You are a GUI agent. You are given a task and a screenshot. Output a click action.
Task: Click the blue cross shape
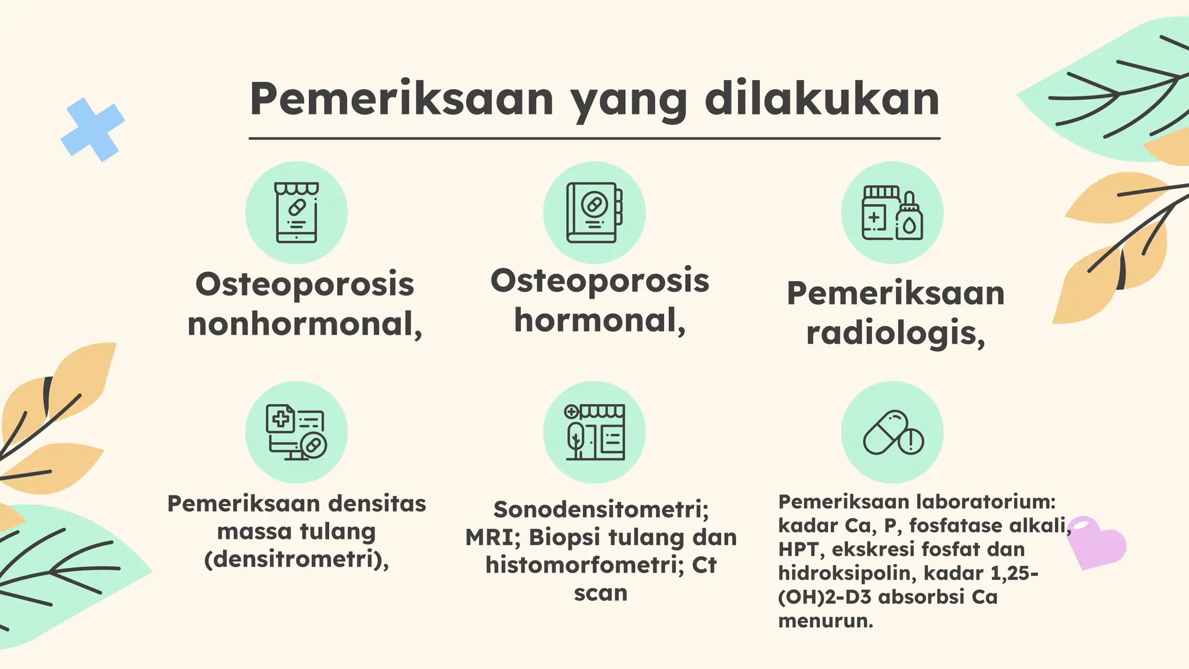pos(92,130)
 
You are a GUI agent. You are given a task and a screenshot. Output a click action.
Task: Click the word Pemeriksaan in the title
pos(402,99)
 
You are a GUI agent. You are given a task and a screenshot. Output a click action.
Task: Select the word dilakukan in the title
pos(822,99)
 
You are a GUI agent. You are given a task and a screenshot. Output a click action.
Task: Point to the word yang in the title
pos(629,102)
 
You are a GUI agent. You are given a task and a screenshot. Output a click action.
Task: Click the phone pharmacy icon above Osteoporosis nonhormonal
pos(296,213)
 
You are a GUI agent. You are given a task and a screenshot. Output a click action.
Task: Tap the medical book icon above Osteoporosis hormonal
pos(594,213)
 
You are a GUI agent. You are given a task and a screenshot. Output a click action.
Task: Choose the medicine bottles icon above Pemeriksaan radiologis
pos(892,213)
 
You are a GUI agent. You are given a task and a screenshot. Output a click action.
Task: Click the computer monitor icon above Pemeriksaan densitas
pos(296,432)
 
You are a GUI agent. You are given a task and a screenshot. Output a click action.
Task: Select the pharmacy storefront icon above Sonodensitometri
pos(594,432)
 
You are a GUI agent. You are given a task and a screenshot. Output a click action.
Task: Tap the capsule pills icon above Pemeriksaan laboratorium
pos(892,433)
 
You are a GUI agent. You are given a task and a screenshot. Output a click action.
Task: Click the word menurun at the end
pos(825,621)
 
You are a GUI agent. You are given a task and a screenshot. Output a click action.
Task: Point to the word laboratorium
pos(984,501)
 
